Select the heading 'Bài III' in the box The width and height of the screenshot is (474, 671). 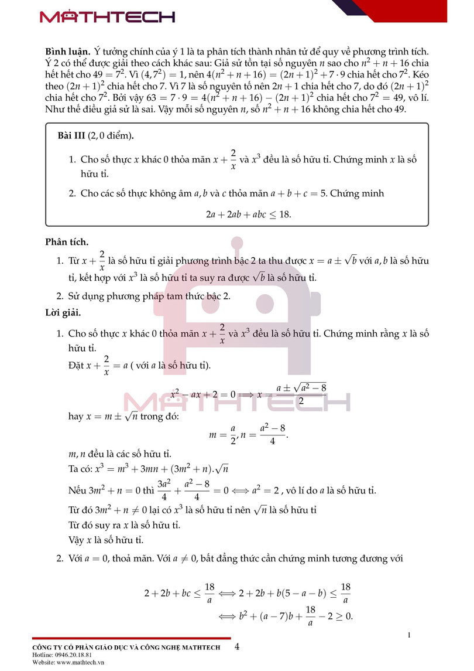coord(71,137)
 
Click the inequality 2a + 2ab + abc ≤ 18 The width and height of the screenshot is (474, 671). coord(248,214)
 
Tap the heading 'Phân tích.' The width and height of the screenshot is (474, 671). coord(67,241)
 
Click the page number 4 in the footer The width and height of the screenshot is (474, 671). coord(237,647)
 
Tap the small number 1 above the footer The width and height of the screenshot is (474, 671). coord(409,635)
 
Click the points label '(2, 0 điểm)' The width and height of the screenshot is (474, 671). coord(110,137)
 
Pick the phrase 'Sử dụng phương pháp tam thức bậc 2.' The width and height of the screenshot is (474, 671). coord(150,296)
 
